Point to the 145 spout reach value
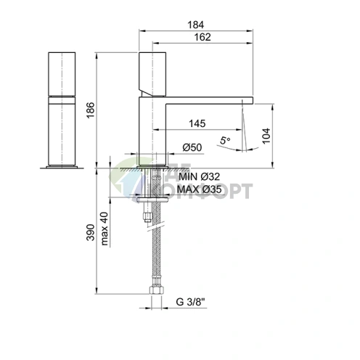coord(195,124)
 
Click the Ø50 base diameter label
coord(191,148)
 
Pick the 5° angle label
coord(225,139)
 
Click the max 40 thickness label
coord(105,229)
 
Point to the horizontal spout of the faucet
coord(210,99)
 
